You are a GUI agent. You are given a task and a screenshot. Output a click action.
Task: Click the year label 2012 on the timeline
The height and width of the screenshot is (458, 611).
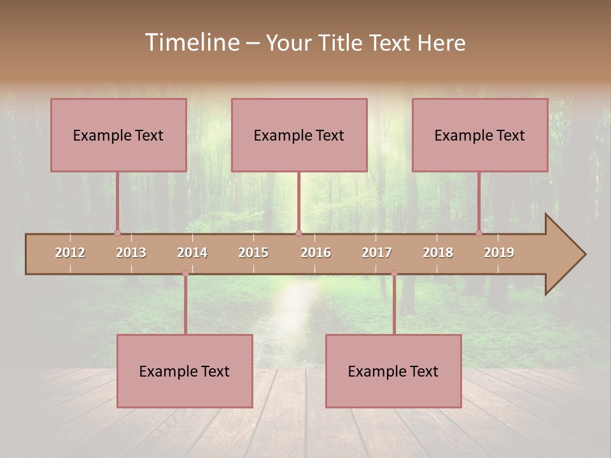[70, 253]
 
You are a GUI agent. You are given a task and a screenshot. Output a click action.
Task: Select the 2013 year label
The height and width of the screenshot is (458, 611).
[131, 253]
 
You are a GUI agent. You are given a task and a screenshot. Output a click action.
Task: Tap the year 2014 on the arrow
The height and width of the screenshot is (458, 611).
[192, 253]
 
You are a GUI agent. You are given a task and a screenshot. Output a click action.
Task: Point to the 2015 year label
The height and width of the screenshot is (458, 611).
[253, 253]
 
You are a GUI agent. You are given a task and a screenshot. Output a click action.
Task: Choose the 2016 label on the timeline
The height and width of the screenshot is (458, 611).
[316, 253]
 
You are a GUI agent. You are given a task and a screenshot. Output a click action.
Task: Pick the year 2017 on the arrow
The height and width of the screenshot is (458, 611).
[377, 253]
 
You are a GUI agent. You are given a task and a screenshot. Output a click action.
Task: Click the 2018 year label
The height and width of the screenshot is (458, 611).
[438, 253]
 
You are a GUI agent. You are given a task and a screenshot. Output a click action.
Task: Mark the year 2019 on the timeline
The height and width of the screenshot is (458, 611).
[499, 253]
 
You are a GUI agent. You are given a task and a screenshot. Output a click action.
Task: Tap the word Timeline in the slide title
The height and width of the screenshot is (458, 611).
[192, 43]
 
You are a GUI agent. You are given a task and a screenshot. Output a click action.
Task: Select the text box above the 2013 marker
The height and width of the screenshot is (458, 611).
[118, 135]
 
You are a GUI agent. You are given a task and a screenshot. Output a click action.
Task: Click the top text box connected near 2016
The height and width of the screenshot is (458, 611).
[299, 135]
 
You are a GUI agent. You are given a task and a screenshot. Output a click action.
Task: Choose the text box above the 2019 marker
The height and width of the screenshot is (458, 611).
[480, 135]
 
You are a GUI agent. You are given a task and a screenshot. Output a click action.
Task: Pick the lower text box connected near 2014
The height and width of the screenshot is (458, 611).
[185, 371]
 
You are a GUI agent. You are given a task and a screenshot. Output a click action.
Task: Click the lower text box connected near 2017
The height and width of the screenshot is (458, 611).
[393, 371]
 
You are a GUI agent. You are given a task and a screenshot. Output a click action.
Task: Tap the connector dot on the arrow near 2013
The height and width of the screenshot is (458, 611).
[117, 233]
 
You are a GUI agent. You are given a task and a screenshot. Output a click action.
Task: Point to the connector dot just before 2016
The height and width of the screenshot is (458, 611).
[299, 233]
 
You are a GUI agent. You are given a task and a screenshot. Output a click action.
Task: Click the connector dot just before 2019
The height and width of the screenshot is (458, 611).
[479, 233]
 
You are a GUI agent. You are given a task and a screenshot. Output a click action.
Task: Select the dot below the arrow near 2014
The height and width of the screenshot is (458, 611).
[185, 274]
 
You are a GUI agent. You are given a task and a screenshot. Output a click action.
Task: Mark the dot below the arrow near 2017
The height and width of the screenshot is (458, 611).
[394, 274]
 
